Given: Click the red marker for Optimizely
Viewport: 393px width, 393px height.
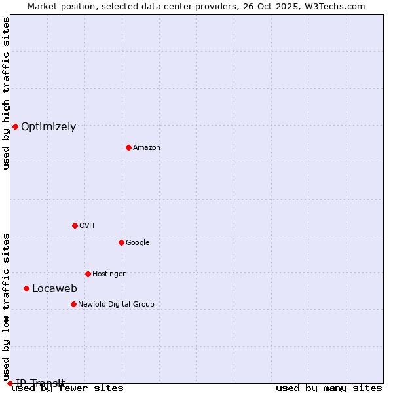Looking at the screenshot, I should pos(15,126).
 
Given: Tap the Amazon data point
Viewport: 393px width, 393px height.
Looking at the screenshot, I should pos(128,147).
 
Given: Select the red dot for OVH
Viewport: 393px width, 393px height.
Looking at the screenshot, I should pos(75,225).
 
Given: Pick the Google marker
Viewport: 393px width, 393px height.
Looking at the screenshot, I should pos(121,242).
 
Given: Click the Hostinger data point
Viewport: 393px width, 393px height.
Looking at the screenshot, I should pos(88,274).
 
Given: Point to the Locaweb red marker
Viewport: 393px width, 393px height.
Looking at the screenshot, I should pos(26,288).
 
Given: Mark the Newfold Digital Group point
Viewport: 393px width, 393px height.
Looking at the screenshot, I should pos(73,304).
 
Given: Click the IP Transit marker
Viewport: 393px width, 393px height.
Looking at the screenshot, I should pos(10,383).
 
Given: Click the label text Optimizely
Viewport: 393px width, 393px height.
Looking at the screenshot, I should pos(48,127).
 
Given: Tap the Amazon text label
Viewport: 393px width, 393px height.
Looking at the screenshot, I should pos(147,148).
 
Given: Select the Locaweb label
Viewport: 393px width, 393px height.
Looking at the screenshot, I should pos(54,289).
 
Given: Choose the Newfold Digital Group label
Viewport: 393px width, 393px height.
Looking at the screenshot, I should pos(116,304).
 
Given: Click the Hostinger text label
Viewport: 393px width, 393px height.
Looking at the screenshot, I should pos(109,274).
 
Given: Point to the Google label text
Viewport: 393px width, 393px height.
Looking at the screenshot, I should pos(138,242).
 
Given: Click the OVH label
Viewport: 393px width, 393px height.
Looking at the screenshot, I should pos(87,225).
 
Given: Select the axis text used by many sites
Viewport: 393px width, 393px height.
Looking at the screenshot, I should pos(329,388).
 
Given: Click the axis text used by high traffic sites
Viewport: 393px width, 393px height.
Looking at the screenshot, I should pos(6,93).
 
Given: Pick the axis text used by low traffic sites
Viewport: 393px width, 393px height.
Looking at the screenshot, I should pos(6,303).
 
